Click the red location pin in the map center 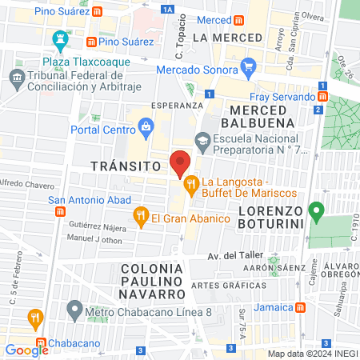coord(180,164)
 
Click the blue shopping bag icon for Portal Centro coord(146,125)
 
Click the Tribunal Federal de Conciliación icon coord(15,77)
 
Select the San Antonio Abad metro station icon coord(59,211)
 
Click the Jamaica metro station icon coord(299,306)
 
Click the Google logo coord(26,350)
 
